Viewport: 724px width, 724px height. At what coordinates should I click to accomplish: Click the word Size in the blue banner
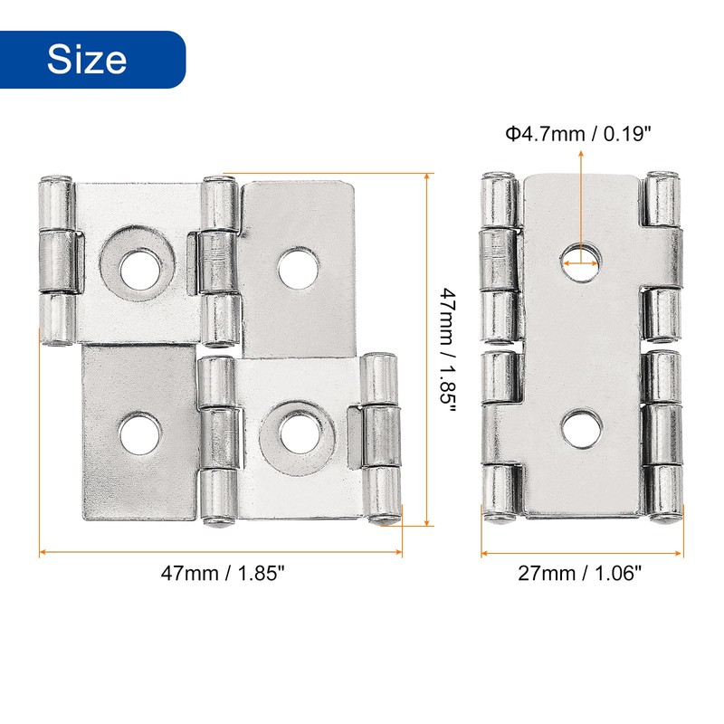(87, 59)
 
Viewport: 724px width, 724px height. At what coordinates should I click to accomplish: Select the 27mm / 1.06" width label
(581, 572)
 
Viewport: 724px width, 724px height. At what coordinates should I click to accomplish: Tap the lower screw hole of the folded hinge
(580, 430)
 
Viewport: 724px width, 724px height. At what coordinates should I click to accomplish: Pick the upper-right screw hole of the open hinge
(297, 269)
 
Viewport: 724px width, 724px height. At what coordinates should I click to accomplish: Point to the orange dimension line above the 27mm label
(582, 551)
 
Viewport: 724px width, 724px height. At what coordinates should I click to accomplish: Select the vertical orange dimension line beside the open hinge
(425, 348)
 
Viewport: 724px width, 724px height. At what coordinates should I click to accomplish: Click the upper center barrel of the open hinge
(218, 261)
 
